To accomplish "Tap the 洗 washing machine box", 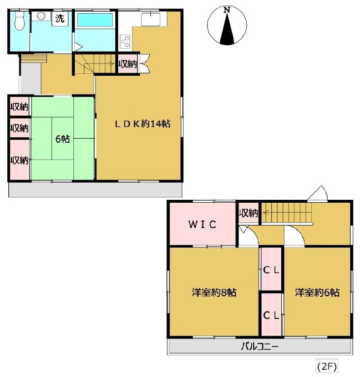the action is click(x=60, y=19).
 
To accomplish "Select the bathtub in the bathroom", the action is click(x=95, y=20).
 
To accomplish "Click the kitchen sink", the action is click(x=151, y=19).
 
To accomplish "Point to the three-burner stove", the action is click(x=125, y=42).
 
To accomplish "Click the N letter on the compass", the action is click(x=227, y=10).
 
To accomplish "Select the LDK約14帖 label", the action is click(x=142, y=124).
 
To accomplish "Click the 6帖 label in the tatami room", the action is click(x=63, y=139).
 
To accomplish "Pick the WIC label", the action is click(x=202, y=224).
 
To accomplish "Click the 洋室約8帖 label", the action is click(x=214, y=292).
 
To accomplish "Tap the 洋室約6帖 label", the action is click(x=317, y=292).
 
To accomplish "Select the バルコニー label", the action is click(x=260, y=346).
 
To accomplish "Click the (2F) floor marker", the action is click(x=327, y=367).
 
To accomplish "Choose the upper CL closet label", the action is click(x=271, y=270).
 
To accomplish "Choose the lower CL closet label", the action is click(x=271, y=315).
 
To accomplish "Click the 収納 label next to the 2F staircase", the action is click(x=249, y=213).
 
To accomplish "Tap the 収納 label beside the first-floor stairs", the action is click(x=128, y=64).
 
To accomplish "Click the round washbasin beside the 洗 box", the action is click(x=42, y=16).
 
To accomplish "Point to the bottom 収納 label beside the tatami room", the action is click(x=19, y=160).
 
